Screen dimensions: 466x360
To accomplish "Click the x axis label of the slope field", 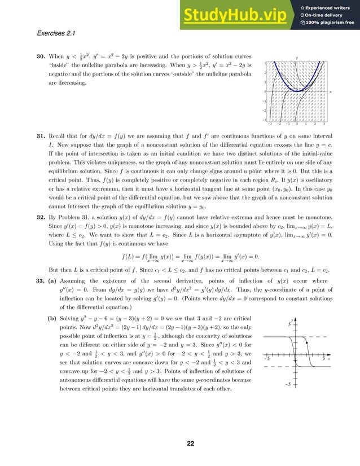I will (x=331, y=91).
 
